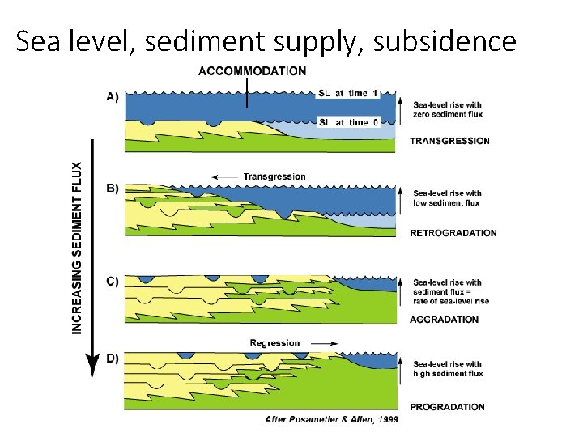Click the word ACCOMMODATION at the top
[252, 71]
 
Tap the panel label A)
[113, 96]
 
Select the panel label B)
[113, 189]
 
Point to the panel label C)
[113, 282]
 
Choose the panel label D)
[113, 359]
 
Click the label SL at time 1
[348, 94]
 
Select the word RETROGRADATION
[453, 233]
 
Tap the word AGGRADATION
[444, 320]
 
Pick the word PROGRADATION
[447, 407]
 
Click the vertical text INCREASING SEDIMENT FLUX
[77, 248]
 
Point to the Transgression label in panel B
[274, 176]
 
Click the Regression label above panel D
[274, 343]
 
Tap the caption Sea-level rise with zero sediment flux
[447, 109]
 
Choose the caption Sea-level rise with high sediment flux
[447, 369]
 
